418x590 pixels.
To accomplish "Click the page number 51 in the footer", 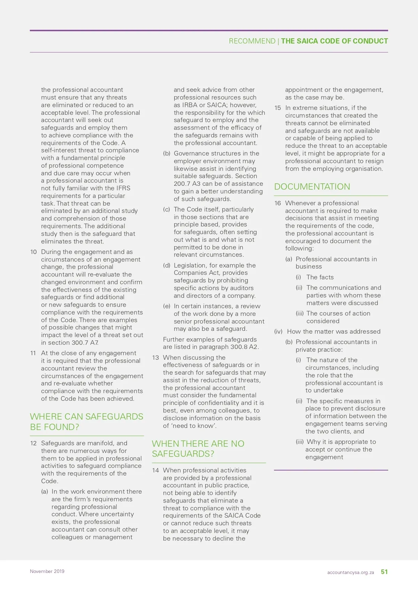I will coord(384,572).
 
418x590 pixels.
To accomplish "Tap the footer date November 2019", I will coord(47,571).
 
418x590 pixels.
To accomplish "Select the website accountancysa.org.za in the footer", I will coord(350,572).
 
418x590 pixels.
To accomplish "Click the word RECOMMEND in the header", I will coord(252,41).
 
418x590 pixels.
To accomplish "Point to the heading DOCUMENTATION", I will coord(312,186).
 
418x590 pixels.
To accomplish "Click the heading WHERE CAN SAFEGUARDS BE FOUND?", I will coord(86,422).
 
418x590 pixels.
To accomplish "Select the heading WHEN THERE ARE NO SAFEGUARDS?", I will coord(198,449).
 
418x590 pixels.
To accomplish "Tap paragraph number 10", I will coord(33,252).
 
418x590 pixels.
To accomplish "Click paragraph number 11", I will coord(33,353).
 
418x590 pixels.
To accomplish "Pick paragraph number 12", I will coord(33,443).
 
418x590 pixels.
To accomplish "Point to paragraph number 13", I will coord(155,358).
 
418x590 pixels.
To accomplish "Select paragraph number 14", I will coord(155,470).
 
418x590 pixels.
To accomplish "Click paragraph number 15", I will coord(278,108).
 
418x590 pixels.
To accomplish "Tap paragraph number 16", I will coord(278,203).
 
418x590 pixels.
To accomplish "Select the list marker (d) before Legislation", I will coord(167,265).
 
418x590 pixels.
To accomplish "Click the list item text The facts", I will coord(320,277).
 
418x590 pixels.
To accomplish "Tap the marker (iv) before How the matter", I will coord(278,332).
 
